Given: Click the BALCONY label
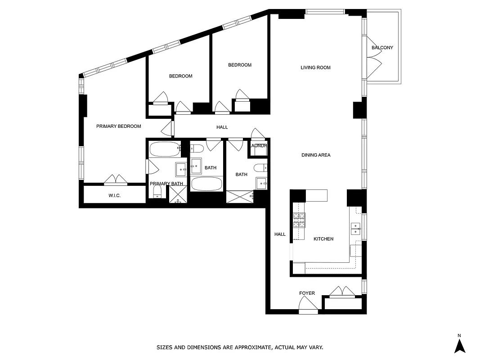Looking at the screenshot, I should (382, 48).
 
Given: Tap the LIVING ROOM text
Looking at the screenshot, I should (315, 67).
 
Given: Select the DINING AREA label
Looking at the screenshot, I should (316, 155).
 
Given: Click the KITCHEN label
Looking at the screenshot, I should (323, 239).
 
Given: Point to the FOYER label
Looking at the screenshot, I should (307, 293).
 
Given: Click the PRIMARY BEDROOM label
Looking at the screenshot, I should (118, 126).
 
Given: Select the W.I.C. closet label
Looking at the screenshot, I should (114, 196).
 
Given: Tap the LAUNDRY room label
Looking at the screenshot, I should (259, 146).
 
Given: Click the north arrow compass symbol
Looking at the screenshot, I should (459, 345).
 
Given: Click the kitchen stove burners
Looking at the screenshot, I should (299, 220).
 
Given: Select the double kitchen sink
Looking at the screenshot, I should (355, 229).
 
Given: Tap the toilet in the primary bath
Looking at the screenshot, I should (157, 192).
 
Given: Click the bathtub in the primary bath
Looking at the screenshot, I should (164, 148).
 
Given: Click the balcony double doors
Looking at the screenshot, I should (374, 63).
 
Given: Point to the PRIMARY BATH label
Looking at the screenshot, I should (166, 184).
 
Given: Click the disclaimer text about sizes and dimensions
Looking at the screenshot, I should (240, 347).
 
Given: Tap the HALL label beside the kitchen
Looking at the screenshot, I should (280, 234).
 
